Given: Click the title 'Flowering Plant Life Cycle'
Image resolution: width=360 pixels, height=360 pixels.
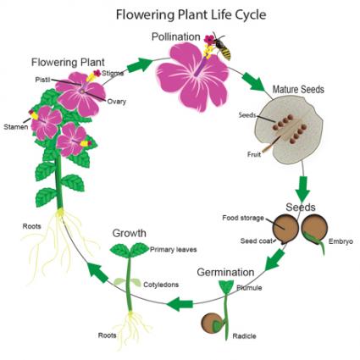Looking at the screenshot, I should [180, 14].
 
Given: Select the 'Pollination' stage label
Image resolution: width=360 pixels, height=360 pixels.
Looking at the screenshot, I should [175, 37].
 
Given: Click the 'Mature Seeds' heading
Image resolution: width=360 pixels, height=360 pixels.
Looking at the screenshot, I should [298, 89].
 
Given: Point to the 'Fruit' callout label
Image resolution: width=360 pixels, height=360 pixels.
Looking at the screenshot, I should [253, 154].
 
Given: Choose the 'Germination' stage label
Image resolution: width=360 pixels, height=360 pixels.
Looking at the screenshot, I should [225, 272].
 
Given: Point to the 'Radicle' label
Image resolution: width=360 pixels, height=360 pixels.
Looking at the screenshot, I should [244, 335].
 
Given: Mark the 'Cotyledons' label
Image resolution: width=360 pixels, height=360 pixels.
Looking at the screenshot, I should [161, 285].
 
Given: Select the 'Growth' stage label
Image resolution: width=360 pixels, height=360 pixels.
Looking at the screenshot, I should [130, 233].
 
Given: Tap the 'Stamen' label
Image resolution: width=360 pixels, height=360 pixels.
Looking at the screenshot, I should [14, 128].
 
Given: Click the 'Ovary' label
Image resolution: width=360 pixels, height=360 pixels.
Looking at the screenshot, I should [116, 102].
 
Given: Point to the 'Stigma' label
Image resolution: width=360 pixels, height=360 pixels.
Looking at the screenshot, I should [115, 74].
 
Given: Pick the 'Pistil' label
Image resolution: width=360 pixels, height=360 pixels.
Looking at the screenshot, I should [42, 78].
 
